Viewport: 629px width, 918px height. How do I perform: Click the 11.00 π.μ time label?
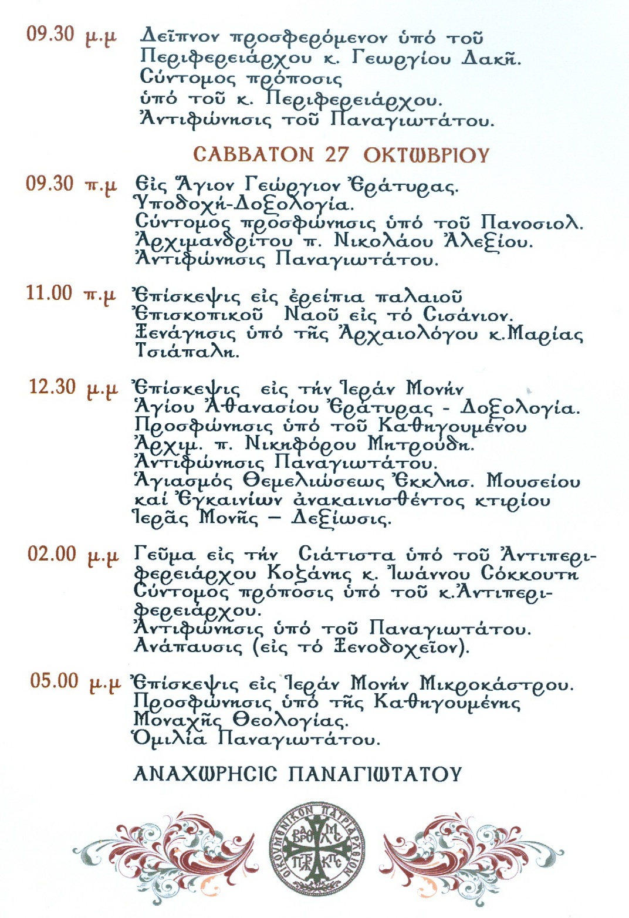[71, 293]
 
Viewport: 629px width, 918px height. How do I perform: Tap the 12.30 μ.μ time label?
[74, 388]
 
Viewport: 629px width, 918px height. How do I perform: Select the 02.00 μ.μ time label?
[73, 555]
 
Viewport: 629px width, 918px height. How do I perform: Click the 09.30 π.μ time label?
[72, 184]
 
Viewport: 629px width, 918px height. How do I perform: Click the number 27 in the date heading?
[337, 154]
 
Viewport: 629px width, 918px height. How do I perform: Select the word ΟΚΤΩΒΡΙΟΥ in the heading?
[426, 155]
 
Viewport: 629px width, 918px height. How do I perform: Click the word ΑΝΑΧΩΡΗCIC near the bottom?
[205, 774]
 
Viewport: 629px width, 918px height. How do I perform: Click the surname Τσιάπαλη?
[187, 351]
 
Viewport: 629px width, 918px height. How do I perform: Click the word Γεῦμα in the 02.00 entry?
[165, 555]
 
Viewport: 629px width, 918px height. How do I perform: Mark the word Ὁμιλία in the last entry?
[170, 738]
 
